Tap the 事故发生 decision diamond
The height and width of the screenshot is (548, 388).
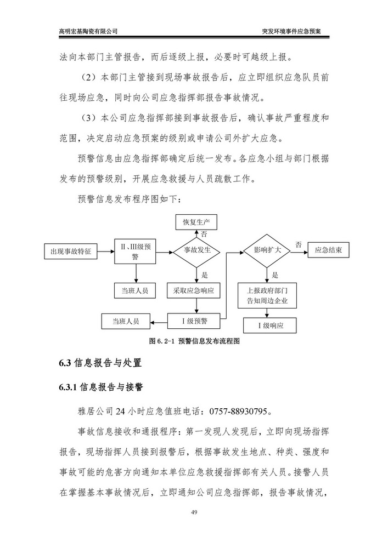pos(196,250)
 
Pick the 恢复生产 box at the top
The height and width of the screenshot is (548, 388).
pos(196,221)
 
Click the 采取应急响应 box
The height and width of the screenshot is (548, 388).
pos(196,291)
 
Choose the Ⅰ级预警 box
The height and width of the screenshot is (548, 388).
pos(196,321)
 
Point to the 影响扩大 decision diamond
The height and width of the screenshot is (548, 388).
pos(267,250)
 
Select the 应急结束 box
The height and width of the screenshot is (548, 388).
pos(329,250)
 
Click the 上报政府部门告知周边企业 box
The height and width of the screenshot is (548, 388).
pos(267,296)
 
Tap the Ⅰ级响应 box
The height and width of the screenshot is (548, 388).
pos(267,325)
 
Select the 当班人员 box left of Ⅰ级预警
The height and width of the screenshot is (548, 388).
pos(126,321)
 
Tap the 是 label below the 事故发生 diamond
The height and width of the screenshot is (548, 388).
pos(204,275)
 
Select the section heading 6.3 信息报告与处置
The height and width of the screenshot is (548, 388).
pos(100,362)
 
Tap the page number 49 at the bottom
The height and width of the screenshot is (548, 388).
pos(194,512)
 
